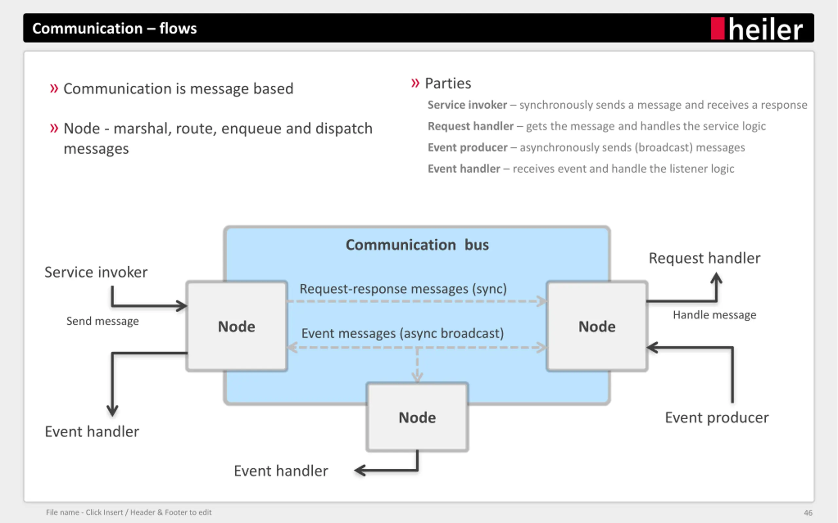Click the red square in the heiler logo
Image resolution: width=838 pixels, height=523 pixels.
click(x=718, y=28)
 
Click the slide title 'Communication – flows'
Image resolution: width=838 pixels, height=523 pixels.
click(x=115, y=28)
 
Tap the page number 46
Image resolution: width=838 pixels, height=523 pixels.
click(x=808, y=513)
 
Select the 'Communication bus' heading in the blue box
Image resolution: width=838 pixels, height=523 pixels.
click(x=417, y=245)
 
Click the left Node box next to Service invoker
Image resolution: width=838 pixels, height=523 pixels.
click(x=237, y=326)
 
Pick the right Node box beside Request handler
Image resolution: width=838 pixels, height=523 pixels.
click(x=597, y=326)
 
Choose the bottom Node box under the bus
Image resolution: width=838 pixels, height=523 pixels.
click(x=417, y=417)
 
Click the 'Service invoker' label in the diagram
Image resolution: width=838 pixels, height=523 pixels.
click(x=96, y=272)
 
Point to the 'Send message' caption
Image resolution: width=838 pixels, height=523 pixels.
click(x=102, y=321)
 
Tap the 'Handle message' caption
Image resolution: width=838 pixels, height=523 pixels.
click(x=715, y=315)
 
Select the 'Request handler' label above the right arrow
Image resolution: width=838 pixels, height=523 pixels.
click(x=704, y=258)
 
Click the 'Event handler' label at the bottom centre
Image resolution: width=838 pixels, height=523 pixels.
click(x=281, y=471)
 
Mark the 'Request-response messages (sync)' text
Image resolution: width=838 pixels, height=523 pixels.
click(x=403, y=289)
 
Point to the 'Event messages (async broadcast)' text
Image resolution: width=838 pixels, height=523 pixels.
click(x=403, y=333)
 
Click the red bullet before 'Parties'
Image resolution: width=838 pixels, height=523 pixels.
click(x=415, y=83)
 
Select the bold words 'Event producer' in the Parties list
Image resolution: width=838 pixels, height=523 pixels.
click(x=467, y=148)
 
